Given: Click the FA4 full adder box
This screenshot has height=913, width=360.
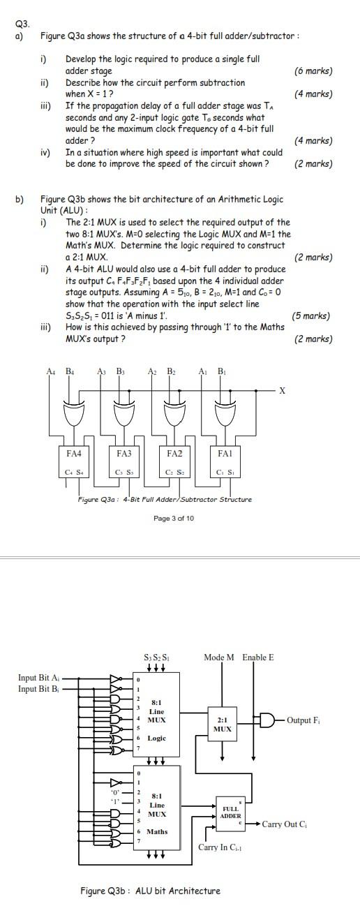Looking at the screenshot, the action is pos(74,461).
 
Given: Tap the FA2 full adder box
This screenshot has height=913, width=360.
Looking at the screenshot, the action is pos(174,461).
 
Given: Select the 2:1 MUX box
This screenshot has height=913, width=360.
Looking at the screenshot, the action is pos(222,723).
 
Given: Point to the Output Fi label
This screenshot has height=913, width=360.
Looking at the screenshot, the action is pos(305,720).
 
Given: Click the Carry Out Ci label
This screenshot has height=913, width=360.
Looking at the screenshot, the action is pos(285,824).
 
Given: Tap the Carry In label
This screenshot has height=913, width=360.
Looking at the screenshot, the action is pos(220,847).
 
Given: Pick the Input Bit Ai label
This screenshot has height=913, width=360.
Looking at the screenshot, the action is pos(38,678).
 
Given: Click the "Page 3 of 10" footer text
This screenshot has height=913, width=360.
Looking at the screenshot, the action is pos(174,518).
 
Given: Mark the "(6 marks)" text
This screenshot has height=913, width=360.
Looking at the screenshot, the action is pos(313,71).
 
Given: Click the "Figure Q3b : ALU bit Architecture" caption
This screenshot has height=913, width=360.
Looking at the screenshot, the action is pos(150,891).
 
